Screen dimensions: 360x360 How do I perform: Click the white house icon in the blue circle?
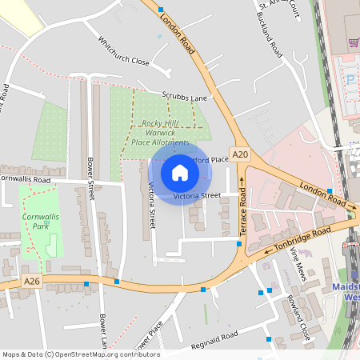pos(180,172)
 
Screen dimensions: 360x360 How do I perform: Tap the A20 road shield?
pos(239,153)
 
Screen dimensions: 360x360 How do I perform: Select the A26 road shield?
pos(32,282)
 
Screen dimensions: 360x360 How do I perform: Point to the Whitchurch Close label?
pos(123,50)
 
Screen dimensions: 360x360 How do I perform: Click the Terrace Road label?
pos(243,210)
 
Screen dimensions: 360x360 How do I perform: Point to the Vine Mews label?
pos(298,262)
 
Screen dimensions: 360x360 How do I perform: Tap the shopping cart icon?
pos(353,41)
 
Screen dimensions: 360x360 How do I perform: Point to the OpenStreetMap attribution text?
pos(81,354)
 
